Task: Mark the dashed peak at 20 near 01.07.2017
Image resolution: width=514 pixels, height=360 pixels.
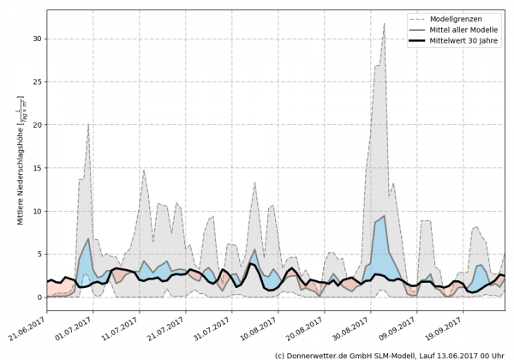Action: (x=88, y=125)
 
